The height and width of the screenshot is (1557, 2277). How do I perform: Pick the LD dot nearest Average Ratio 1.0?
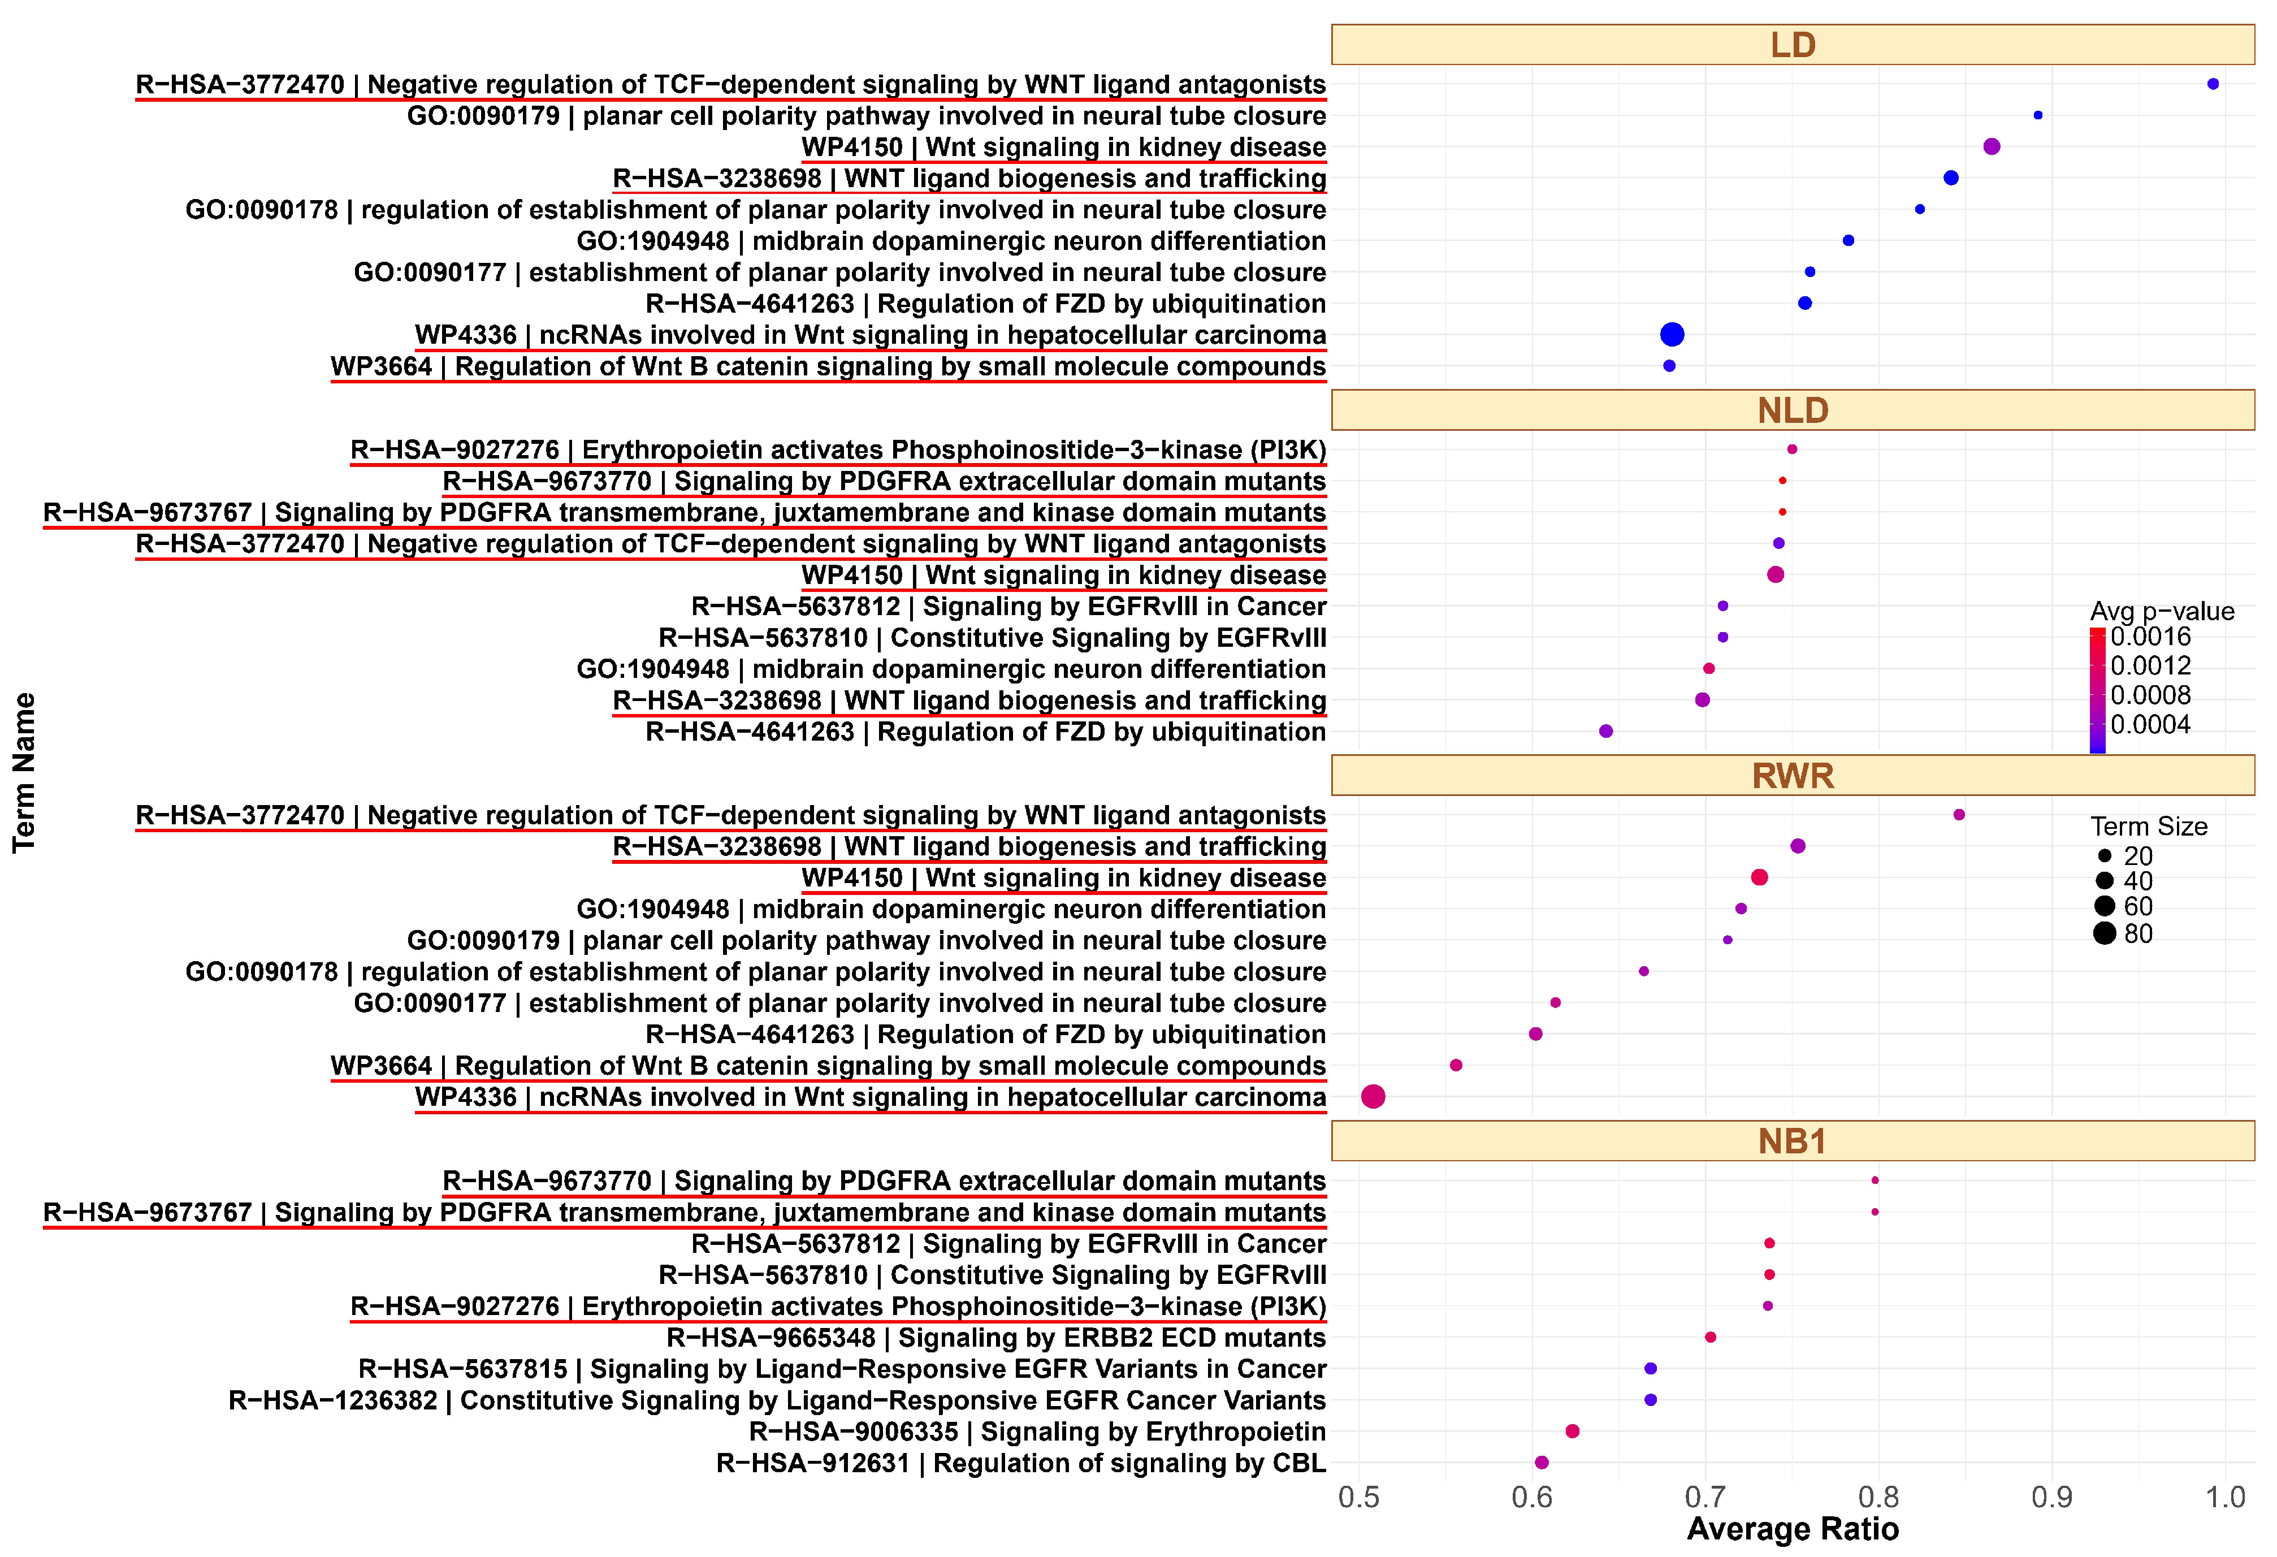coord(2213,84)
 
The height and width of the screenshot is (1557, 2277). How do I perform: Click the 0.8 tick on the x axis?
coord(1878,1497)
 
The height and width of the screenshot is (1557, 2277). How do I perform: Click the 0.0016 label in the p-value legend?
coord(2150,637)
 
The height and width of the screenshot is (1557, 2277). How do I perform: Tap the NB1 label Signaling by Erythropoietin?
coord(1037,1431)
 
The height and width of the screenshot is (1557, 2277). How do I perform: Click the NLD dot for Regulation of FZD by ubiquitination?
coord(1606,731)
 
